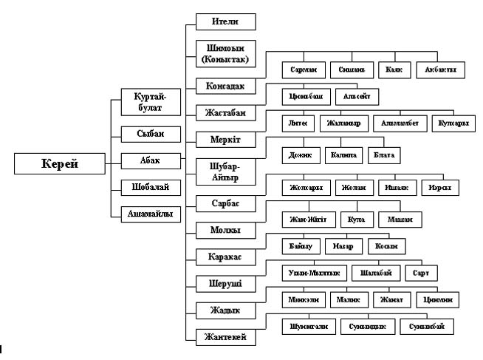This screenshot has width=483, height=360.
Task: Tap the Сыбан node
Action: pyautogui.click(x=151, y=134)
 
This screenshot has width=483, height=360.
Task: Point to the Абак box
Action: pyautogui.click(x=151, y=160)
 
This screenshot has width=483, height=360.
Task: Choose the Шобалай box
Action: pyautogui.click(x=151, y=186)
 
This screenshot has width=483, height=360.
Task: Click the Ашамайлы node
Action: pyautogui.click(x=151, y=214)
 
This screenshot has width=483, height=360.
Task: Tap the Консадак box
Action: pyautogui.click(x=225, y=86)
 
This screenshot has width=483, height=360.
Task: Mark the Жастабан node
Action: pyautogui.click(x=225, y=113)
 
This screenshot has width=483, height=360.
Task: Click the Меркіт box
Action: pyautogui.click(x=225, y=140)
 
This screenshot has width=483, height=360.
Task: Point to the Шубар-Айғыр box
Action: pyautogui.click(x=225, y=171)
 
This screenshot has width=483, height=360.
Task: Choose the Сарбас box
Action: pyautogui.click(x=225, y=203)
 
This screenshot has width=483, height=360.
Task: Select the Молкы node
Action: pyautogui.click(x=225, y=230)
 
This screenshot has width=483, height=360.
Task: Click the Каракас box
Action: pyautogui.click(x=225, y=257)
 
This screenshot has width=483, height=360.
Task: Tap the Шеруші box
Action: pyautogui.click(x=225, y=283)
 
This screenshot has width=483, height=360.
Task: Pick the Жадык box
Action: pyautogui.click(x=225, y=310)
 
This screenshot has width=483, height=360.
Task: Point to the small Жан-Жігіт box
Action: pyautogui.click(x=309, y=219)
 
